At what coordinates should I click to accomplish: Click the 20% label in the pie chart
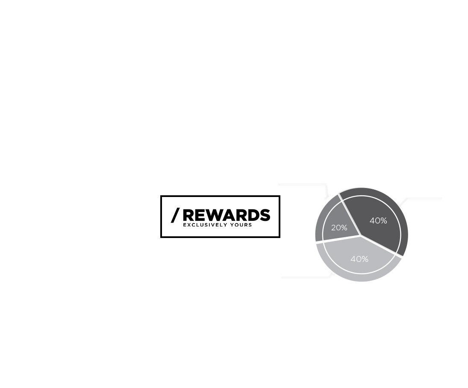pos(339,228)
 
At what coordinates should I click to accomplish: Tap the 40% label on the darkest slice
pos(378,220)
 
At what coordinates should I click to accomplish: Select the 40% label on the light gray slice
pos(359,259)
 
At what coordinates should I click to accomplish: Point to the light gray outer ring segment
pos(361,278)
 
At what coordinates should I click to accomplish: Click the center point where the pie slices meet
pos(361,235)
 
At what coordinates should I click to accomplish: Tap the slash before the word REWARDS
pos(175,215)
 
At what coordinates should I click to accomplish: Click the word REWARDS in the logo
pos(226,215)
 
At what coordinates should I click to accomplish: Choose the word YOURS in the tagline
pos(241,225)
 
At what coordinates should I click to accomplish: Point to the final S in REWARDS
pos(265,215)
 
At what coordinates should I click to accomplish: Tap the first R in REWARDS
pos(188,215)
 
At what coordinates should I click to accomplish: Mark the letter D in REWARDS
pos(253,215)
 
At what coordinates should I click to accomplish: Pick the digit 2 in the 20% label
pos(333,228)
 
